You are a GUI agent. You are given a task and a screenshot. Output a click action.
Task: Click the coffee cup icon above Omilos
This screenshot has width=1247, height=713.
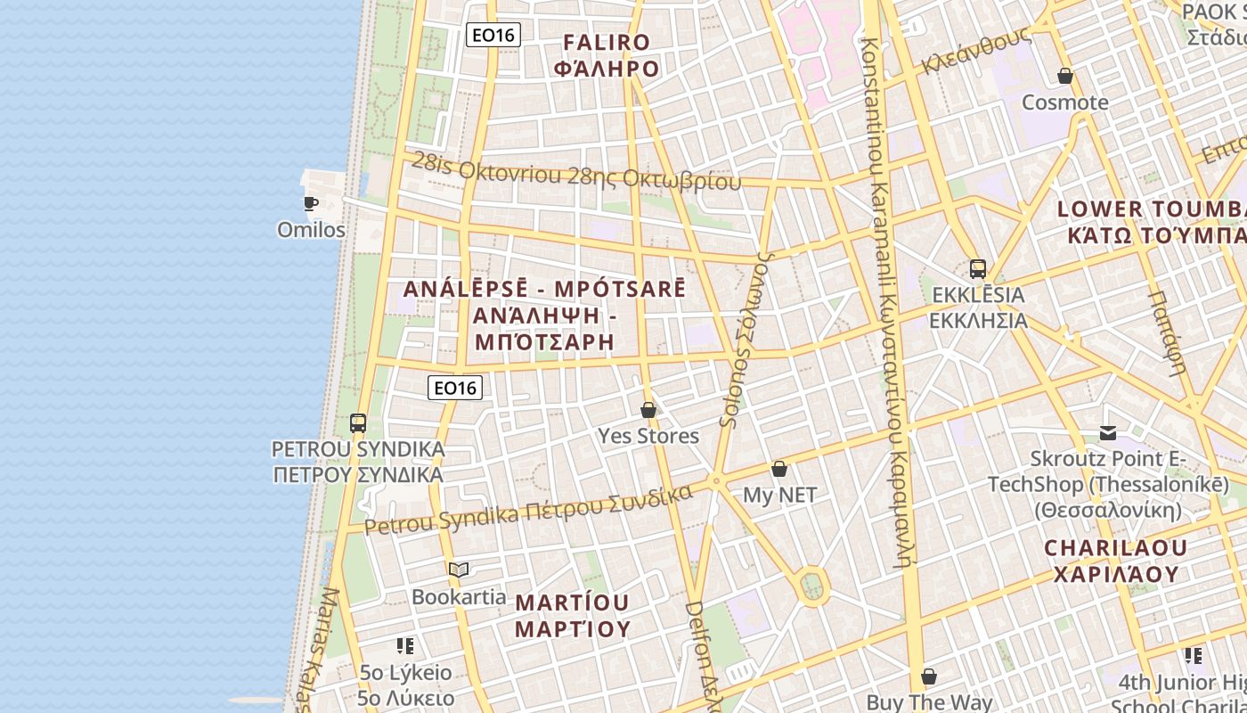(x=311, y=203)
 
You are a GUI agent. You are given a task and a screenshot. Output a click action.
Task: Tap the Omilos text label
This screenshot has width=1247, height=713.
(x=311, y=230)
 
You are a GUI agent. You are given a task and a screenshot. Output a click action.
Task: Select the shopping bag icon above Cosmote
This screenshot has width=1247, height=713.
(x=1064, y=76)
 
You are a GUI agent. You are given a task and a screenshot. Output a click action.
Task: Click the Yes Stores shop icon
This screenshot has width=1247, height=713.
(x=648, y=410)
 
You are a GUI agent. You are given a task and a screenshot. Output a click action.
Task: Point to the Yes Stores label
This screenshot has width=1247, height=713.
(x=648, y=436)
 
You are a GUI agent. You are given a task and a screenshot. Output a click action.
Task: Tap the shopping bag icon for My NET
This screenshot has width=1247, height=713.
(x=779, y=469)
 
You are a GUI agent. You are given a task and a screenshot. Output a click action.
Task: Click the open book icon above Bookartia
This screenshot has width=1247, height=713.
(x=459, y=570)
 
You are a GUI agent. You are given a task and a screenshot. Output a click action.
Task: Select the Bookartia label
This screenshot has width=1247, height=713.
(x=459, y=596)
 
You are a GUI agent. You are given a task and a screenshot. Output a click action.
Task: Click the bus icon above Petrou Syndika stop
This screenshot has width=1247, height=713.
(x=358, y=423)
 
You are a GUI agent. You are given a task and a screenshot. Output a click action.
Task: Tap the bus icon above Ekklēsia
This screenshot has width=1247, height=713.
(x=977, y=268)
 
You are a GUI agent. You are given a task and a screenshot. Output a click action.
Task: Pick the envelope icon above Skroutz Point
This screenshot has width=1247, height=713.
(x=1108, y=433)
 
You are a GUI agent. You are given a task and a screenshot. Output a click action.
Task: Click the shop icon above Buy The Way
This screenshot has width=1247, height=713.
(x=929, y=676)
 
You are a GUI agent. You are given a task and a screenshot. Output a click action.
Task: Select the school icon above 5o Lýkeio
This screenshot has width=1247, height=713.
(x=405, y=646)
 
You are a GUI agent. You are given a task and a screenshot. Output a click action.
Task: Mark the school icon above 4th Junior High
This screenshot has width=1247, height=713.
(x=1194, y=656)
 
